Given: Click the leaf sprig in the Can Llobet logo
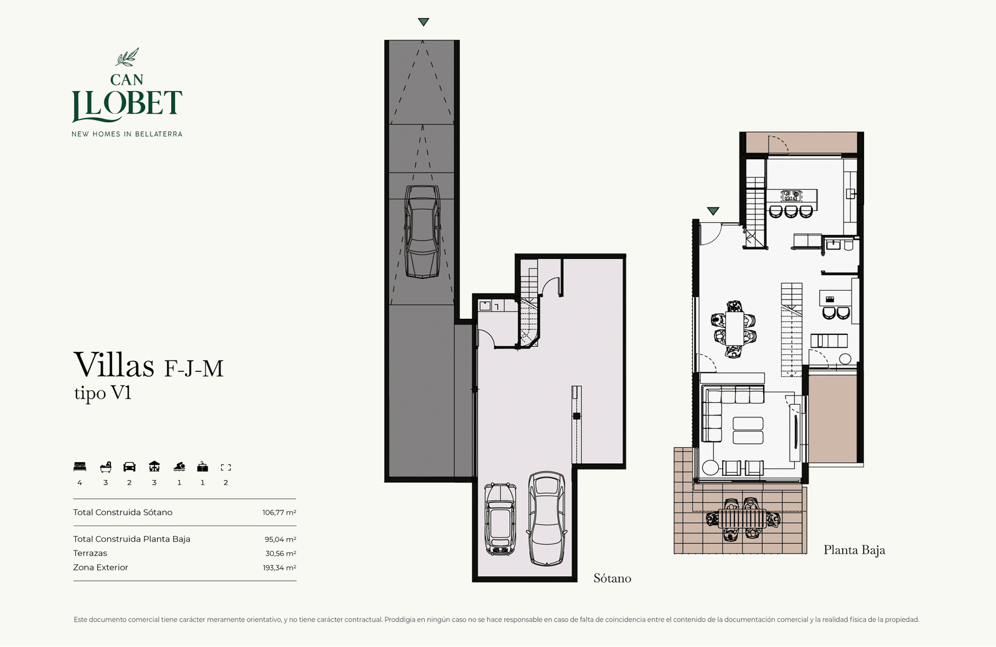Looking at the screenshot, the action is pos(127,57).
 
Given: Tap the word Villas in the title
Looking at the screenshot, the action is pos(114,365).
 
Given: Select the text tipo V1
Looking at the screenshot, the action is pos(103,393).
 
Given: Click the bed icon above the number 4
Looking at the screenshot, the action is pos(80,467).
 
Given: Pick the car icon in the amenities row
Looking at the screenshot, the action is pos(129,467).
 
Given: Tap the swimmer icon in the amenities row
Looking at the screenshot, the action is pos(179,467).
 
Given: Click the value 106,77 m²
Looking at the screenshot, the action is pos(280,512).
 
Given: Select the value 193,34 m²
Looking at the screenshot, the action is pos(280,568).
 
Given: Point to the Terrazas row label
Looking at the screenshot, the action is pos(90,554).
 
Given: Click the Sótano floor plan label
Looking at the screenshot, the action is pos(613,579).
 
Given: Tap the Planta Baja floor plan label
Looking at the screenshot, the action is pos(854,550).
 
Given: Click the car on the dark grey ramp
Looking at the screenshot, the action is pos(423,232).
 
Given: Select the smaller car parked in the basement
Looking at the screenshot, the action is pos(500,519).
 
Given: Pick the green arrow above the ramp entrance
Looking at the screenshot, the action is pos(423,22).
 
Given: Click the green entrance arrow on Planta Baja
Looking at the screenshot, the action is pos(713,210).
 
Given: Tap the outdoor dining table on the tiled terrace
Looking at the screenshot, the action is pos(743,519).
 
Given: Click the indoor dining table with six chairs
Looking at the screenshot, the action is pos(734,329).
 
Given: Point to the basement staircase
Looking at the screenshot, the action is pos(529,305).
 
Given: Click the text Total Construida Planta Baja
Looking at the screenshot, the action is pos(131,539).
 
